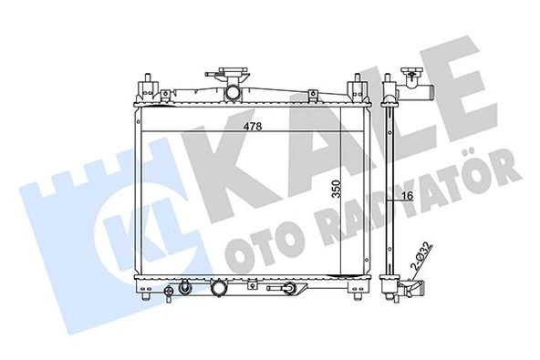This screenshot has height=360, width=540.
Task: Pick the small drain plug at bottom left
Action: pos(170,293)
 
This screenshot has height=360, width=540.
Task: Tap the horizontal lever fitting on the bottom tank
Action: pos(288,291)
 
